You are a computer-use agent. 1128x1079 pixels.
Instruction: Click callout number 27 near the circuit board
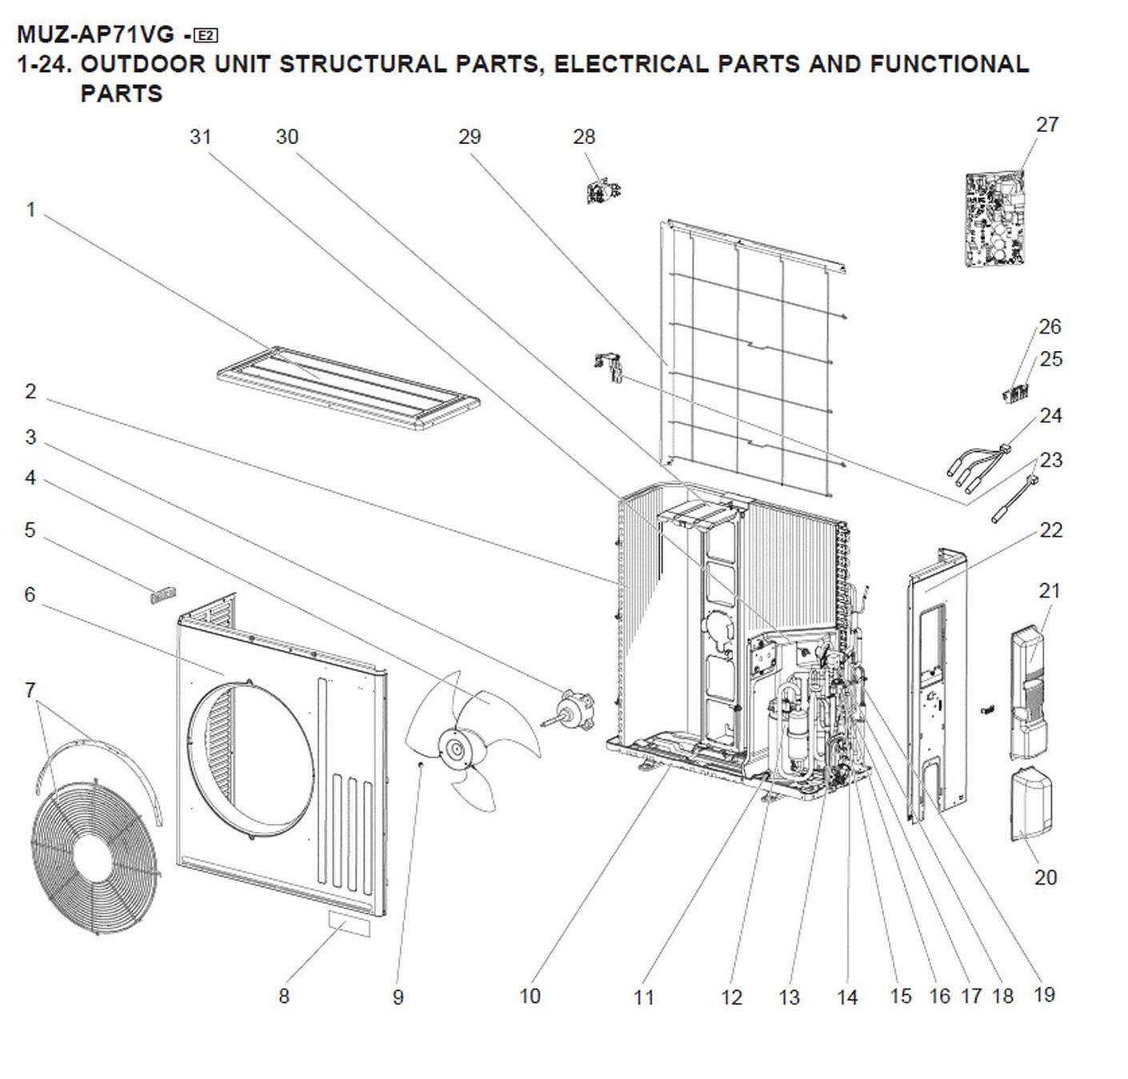tap(1046, 125)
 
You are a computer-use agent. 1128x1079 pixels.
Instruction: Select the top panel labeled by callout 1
tap(348, 387)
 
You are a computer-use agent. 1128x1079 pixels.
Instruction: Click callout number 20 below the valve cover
tap(1045, 877)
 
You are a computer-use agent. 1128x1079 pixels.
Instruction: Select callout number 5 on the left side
tap(30, 530)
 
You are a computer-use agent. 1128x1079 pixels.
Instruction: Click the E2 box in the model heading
tap(206, 35)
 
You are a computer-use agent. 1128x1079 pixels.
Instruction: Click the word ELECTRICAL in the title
tap(630, 65)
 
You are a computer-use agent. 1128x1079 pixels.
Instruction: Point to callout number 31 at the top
tap(200, 137)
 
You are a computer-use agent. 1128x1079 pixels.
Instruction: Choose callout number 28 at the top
tap(584, 137)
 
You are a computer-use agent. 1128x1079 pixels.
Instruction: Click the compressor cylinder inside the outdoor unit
tap(798, 733)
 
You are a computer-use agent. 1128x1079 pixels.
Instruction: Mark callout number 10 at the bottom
tap(530, 996)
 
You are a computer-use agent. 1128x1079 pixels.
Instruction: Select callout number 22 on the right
tap(1050, 530)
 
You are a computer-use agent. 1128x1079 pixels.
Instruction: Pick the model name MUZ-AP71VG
tap(95, 35)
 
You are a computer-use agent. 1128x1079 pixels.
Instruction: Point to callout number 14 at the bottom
tap(847, 997)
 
